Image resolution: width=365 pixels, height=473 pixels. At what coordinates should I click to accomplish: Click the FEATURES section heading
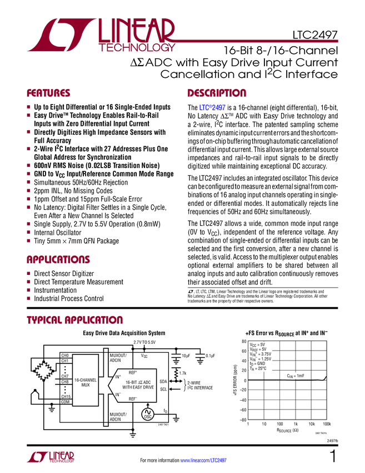point(48,93)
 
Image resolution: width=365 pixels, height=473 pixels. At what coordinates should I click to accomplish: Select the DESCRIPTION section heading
point(217,93)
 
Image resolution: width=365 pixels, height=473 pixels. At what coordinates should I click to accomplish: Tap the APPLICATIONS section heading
point(58,259)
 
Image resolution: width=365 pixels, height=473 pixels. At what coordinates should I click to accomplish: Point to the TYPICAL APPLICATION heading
point(74,320)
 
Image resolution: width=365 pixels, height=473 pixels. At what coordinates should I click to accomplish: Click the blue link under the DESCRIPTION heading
point(213,109)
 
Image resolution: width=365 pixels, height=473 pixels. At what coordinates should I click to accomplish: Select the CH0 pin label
point(65,355)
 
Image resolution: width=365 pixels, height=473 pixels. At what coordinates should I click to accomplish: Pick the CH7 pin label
point(65,376)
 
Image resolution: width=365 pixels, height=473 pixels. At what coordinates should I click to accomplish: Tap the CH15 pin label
point(66,396)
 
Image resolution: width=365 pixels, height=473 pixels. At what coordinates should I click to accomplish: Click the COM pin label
point(66,402)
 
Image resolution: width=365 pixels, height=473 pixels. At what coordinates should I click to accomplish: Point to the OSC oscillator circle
point(148,414)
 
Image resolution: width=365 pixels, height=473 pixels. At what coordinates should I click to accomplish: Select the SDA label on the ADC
point(163,382)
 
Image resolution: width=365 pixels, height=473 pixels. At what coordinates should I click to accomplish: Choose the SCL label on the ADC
point(163,389)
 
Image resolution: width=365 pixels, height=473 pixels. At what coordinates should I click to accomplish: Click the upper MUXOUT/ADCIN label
point(118,357)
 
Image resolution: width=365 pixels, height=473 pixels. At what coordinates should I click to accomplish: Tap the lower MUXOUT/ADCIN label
point(118,417)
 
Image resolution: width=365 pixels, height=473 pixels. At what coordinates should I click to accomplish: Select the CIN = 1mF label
point(296,376)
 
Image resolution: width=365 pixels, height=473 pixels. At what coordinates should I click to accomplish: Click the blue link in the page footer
point(204,460)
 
